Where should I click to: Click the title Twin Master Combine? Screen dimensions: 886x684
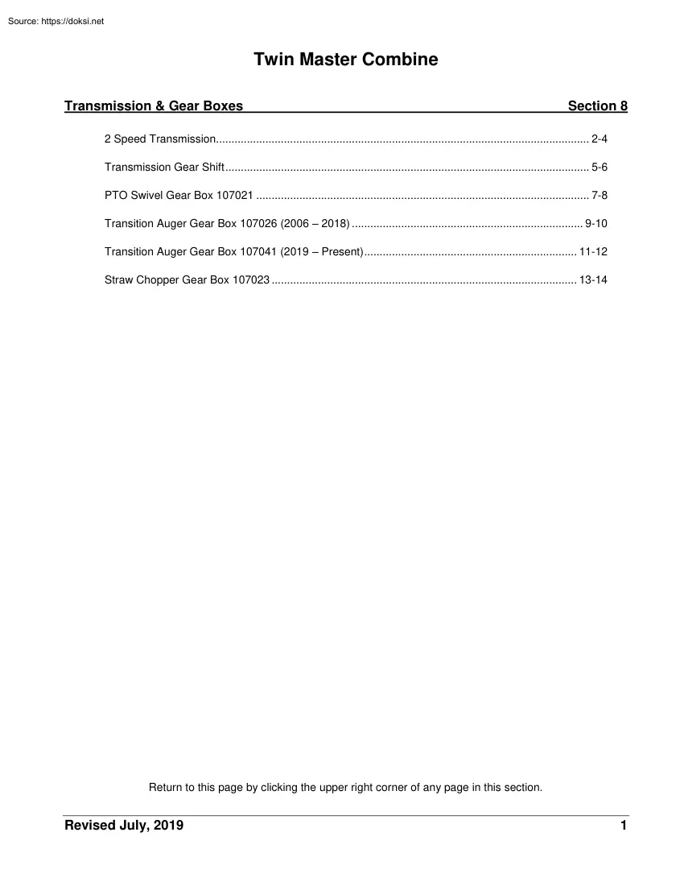click(x=346, y=60)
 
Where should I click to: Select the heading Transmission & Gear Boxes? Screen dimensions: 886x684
click(x=154, y=106)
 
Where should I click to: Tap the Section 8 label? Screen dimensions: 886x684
click(x=597, y=106)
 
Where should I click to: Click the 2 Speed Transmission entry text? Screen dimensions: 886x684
click(x=159, y=139)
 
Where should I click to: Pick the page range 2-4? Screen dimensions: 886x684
click(x=599, y=139)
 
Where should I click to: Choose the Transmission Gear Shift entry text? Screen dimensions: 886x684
click(x=163, y=168)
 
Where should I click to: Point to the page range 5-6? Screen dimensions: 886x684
click(x=599, y=168)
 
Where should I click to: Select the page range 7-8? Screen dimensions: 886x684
click(x=599, y=196)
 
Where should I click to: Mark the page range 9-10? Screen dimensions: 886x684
click(x=595, y=224)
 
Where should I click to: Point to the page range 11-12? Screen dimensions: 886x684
click(x=593, y=252)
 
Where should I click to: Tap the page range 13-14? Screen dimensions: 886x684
click(x=593, y=280)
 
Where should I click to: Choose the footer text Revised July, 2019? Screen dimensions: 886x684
click(x=124, y=826)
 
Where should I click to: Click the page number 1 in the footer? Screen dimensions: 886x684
click(x=624, y=826)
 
